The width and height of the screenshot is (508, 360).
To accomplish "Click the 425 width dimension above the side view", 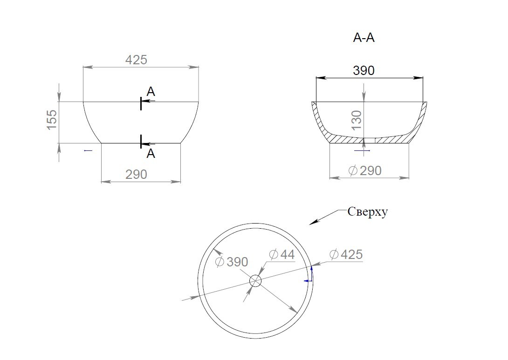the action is pyautogui.click(x=136, y=60).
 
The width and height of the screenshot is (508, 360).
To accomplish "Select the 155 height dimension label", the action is pyautogui.click(x=52, y=120).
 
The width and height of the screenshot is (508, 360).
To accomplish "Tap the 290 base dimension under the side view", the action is pyautogui.click(x=137, y=175).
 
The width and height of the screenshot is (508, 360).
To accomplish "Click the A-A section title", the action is pyautogui.click(x=364, y=38).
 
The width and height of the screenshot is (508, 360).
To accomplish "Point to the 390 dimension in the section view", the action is pyautogui.click(x=364, y=71).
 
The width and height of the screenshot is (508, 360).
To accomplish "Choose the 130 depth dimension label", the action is pyautogui.click(x=357, y=120).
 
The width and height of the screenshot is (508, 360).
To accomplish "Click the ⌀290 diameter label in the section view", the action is pyautogui.click(x=365, y=170).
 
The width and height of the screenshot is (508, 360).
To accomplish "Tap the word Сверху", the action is pyautogui.click(x=368, y=212).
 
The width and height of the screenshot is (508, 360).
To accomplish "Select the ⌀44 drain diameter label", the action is pyautogui.click(x=282, y=254).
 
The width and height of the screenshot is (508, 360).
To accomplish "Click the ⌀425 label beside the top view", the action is pyautogui.click(x=346, y=254).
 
